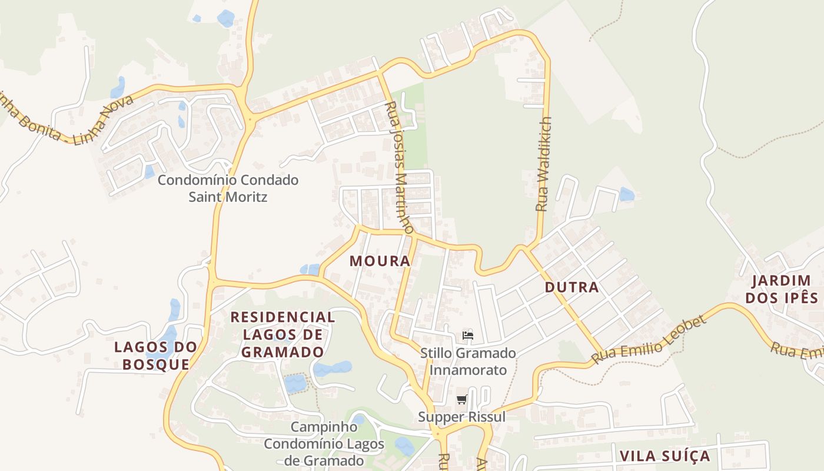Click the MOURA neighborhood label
(x=380, y=261)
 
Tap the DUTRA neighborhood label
(x=572, y=287)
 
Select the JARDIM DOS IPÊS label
(x=782, y=289)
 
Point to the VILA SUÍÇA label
(x=664, y=456)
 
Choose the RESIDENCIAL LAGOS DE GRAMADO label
(x=283, y=334)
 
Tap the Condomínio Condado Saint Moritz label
(x=228, y=188)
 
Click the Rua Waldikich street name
(x=543, y=164)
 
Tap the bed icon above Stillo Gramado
(x=468, y=336)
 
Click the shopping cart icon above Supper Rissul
(x=462, y=400)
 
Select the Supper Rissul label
(x=462, y=417)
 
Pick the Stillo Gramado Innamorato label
(x=468, y=361)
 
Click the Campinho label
(x=324, y=426)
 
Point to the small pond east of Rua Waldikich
(x=627, y=194)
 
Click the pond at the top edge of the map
(x=226, y=18)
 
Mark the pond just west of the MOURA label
(x=310, y=270)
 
